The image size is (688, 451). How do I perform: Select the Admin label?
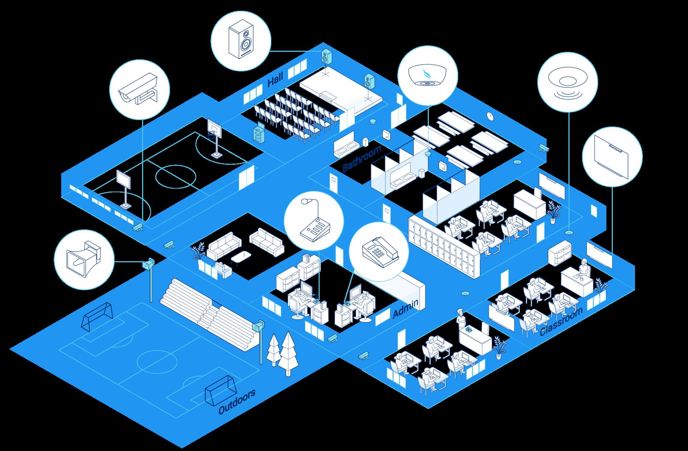pyautogui.click(x=405, y=309)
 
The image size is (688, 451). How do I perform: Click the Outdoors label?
pyautogui.click(x=237, y=402)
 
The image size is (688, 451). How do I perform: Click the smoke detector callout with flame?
pyautogui.click(x=427, y=75)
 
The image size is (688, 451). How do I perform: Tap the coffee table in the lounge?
pyautogui.click(x=241, y=257)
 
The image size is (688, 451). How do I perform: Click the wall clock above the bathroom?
pyautogui.click(x=490, y=116)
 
